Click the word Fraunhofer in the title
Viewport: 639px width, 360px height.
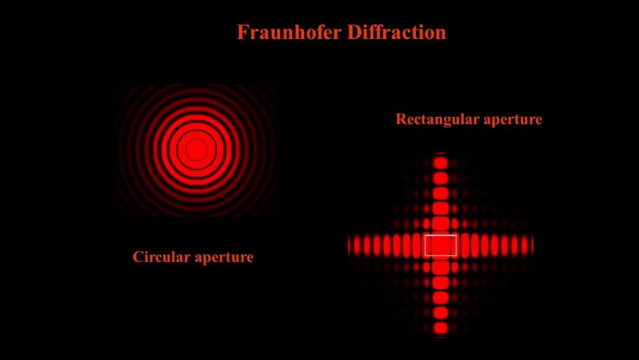(x=289, y=32)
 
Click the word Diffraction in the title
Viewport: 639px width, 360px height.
(x=397, y=32)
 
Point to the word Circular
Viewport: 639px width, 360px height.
(x=162, y=257)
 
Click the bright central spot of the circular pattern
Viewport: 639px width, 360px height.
(x=196, y=150)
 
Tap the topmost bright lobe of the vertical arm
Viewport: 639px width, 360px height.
(x=441, y=163)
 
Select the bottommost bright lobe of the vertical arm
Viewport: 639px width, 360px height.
(x=441, y=328)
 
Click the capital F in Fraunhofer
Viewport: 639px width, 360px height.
(x=243, y=32)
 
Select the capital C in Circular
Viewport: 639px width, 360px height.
(x=138, y=257)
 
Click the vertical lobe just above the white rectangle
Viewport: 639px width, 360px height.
(x=441, y=224)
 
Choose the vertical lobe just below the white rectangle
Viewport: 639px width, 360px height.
(x=441, y=267)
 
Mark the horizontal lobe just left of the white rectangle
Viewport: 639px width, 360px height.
(x=417, y=245)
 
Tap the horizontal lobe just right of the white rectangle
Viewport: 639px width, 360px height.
(x=464, y=245)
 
